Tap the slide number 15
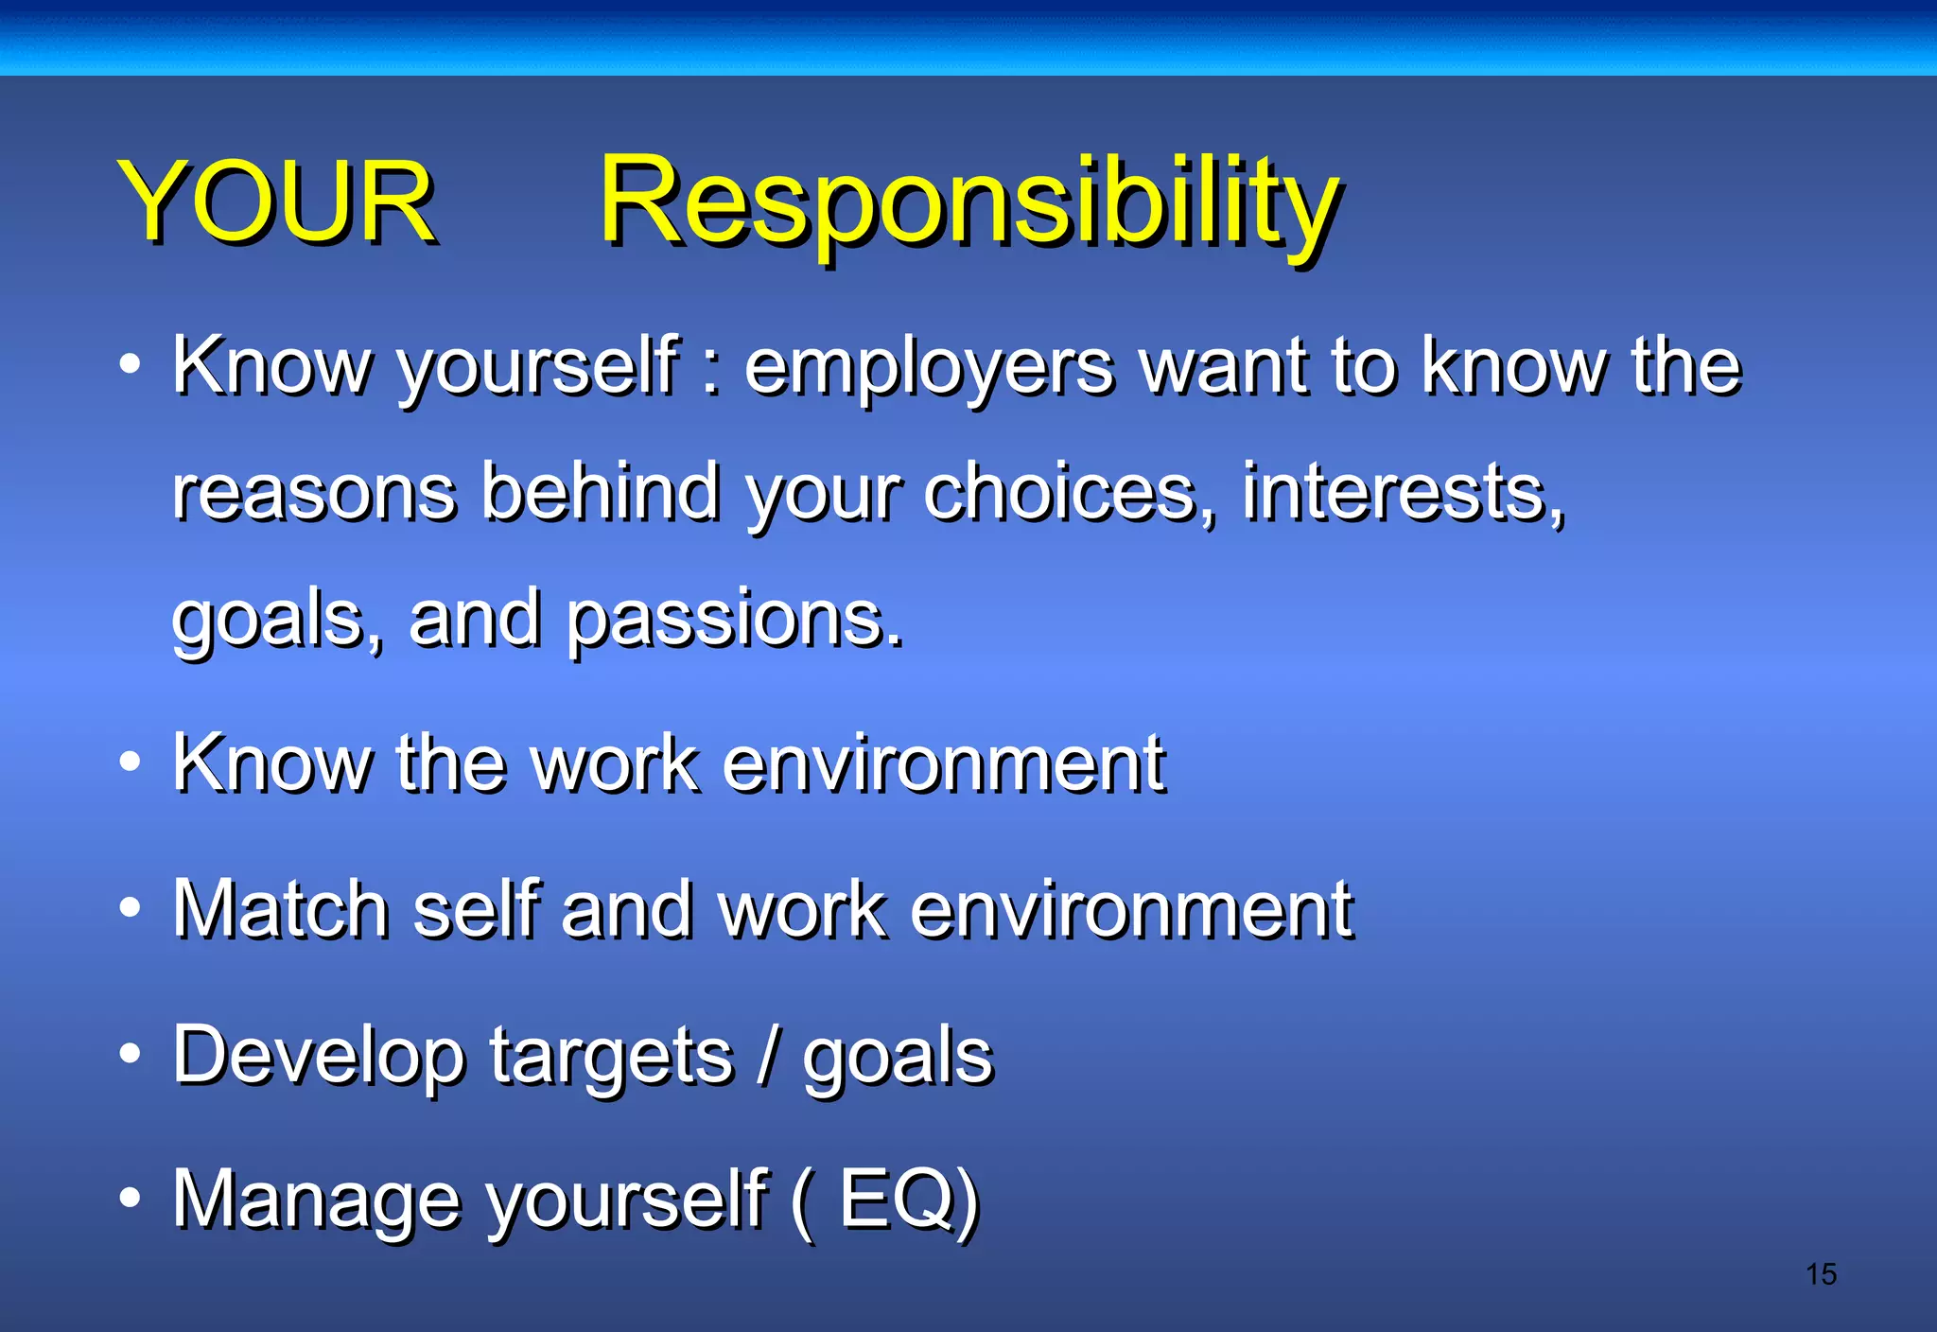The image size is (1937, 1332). point(1820,1274)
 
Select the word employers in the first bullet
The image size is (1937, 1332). point(929,369)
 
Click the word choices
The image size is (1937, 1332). point(1067,493)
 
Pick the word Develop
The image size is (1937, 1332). point(318,1057)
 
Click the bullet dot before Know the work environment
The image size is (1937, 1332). point(131,762)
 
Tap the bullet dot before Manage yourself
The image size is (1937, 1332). point(131,1198)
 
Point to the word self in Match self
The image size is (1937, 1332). point(476,909)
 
